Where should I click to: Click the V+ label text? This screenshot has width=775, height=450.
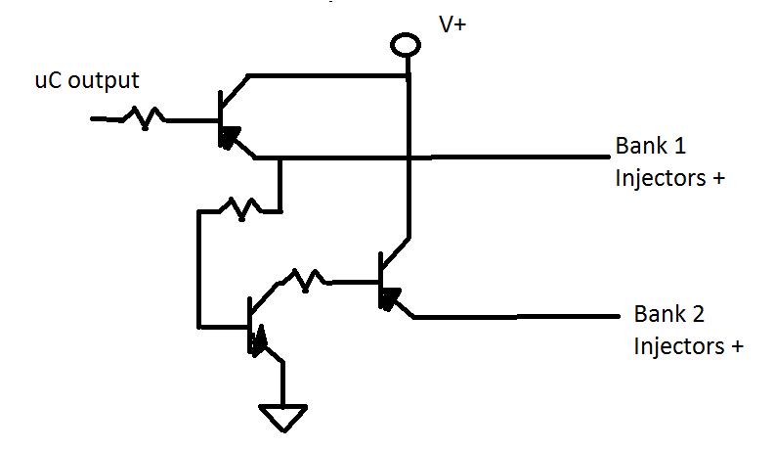[452, 24]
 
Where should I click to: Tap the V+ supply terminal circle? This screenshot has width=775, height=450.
[406, 45]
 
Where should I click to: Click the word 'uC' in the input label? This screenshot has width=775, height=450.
[49, 81]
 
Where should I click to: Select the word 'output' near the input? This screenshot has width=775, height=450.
[104, 81]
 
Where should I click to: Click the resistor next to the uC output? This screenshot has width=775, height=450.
[144, 118]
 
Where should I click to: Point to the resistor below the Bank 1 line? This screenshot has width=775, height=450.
[240, 208]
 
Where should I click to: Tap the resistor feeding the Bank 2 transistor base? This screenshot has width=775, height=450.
[304, 280]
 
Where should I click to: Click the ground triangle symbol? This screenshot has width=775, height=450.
[283, 418]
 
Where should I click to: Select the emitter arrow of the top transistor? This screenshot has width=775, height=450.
[230, 137]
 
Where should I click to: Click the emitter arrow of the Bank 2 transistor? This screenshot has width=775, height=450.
[390, 298]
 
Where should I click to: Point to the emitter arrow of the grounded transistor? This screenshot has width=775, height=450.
[259, 340]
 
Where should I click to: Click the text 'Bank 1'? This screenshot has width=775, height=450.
[651, 146]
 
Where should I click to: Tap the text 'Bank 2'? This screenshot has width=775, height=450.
[669, 314]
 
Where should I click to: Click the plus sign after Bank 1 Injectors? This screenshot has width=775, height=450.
[718, 179]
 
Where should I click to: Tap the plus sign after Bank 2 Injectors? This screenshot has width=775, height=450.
[738, 346]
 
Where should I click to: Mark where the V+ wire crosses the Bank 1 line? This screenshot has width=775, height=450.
[409, 157]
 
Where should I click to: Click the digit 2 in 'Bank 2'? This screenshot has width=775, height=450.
[699, 314]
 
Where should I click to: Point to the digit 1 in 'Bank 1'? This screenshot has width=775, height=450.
[680, 147]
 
